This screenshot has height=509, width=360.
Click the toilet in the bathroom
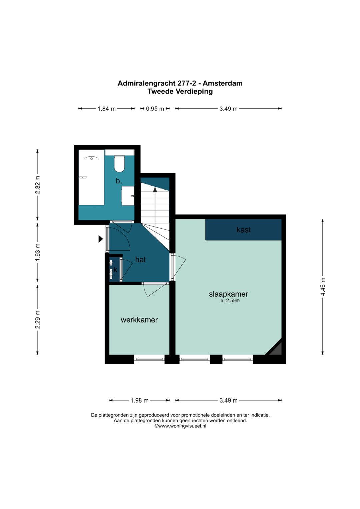[119, 164]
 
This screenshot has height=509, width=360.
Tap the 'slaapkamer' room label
[228, 294]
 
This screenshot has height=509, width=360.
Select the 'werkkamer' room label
[139, 320]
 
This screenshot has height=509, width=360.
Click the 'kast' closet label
[243, 230]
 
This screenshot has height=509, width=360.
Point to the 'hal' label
[140, 259]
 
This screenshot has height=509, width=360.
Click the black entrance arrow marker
[101, 239]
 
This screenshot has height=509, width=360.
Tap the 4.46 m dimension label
[323, 287]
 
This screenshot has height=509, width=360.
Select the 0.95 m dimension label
[155, 109]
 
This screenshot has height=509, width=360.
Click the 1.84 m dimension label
[107, 109]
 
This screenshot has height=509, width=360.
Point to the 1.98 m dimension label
[140, 400]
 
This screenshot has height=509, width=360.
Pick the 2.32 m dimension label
[37, 185]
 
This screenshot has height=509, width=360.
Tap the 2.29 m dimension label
[37, 319]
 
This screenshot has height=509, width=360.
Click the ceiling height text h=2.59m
[230, 301]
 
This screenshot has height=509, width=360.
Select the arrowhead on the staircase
[155, 190]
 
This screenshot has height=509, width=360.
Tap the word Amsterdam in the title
[223, 83]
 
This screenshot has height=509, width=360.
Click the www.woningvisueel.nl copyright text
[180, 426]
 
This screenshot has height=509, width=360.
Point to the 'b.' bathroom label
[119, 181]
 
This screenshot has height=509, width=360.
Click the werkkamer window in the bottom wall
[149, 359]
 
